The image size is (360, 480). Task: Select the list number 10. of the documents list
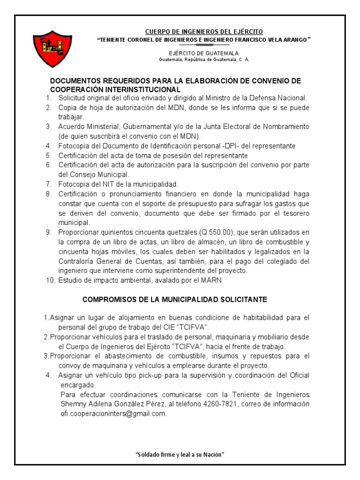[x=49, y=280]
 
